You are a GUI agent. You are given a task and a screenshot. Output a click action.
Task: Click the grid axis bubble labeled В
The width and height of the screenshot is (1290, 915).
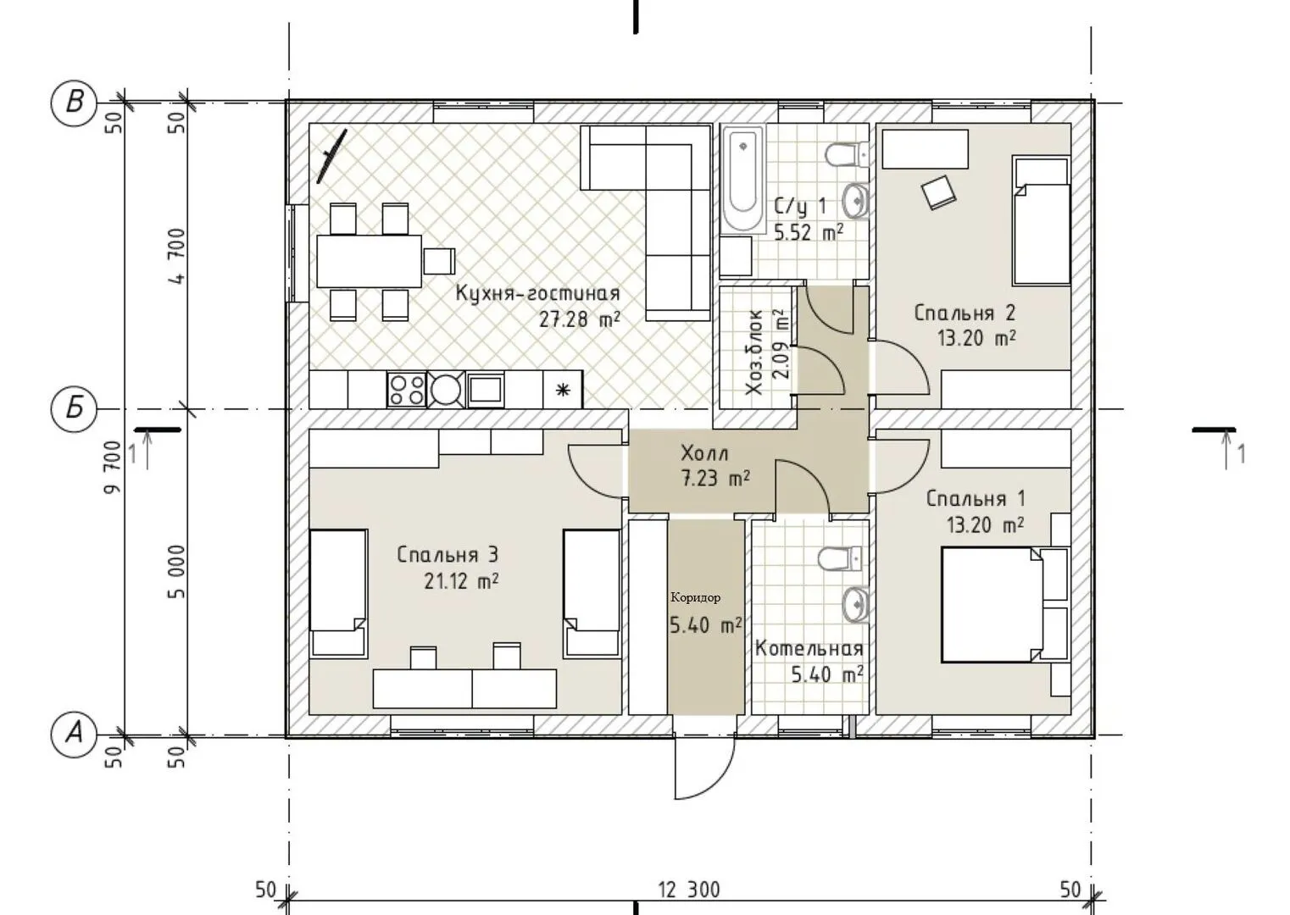click(x=74, y=103)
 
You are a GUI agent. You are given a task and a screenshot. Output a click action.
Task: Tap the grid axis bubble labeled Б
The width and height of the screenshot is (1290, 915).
click(x=74, y=409)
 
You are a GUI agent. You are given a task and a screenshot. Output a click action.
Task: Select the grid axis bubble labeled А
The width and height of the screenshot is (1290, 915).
click(x=74, y=735)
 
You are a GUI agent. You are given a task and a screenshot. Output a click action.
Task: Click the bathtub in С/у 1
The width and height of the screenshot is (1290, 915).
click(x=743, y=179)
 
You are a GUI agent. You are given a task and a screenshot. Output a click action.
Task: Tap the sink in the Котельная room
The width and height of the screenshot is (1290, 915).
click(x=856, y=605)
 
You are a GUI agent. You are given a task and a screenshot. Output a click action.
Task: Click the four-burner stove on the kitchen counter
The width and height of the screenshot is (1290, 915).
click(x=406, y=390)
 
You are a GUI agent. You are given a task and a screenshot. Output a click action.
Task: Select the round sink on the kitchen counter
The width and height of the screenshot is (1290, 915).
click(x=446, y=390)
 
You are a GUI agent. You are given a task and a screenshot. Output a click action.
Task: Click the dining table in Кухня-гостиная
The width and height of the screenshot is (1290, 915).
click(x=370, y=261)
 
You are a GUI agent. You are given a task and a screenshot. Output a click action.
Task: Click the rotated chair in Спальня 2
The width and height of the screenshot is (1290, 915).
click(x=939, y=192)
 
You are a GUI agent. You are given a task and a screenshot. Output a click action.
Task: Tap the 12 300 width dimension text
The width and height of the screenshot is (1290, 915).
click(x=689, y=890)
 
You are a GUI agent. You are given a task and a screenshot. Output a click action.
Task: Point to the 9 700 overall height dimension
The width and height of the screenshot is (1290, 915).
click(x=114, y=467)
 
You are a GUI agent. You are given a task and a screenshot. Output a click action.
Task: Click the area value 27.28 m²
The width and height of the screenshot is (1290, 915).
click(x=580, y=319)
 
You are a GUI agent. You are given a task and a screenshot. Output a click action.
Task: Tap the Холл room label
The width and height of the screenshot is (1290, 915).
click(x=704, y=453)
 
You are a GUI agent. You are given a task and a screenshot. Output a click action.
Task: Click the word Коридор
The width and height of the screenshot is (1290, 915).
click(x=695, y=598)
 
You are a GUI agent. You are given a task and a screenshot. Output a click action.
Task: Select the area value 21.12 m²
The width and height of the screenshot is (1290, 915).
click(x=461, y=581)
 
